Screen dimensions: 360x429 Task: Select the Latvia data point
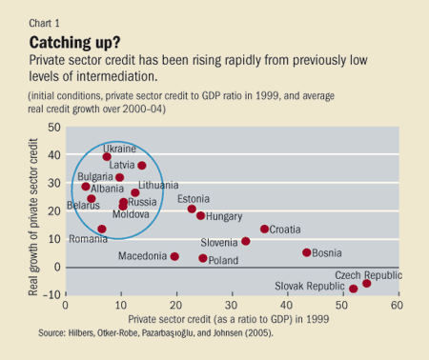[142, 166]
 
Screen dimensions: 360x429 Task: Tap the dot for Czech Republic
[366, 284]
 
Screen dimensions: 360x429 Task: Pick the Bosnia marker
[307, 252]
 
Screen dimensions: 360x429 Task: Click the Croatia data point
[265, 229]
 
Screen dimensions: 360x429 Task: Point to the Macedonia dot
[174, 256]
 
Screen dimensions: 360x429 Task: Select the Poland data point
[203, 258]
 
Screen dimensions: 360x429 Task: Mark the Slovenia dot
[246, 241]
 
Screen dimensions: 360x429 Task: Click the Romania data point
[102, 229]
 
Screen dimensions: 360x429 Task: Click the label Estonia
[194, 198]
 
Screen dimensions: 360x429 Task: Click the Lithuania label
[157, 185]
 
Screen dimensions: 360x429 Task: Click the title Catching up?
[74, 43]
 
